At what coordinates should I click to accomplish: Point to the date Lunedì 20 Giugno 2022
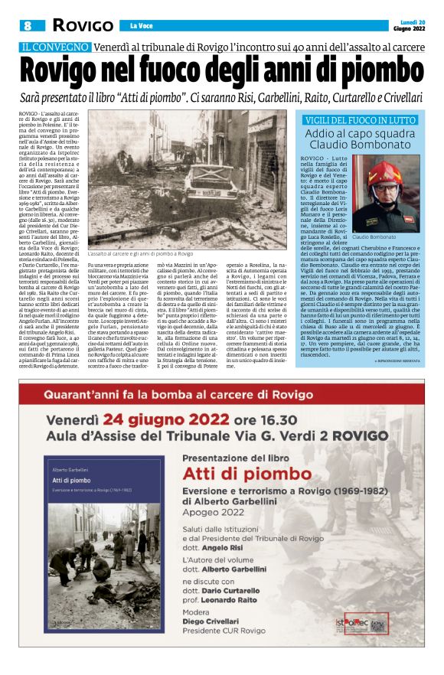[410, 24]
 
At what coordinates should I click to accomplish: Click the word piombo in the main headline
[358, 70]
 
